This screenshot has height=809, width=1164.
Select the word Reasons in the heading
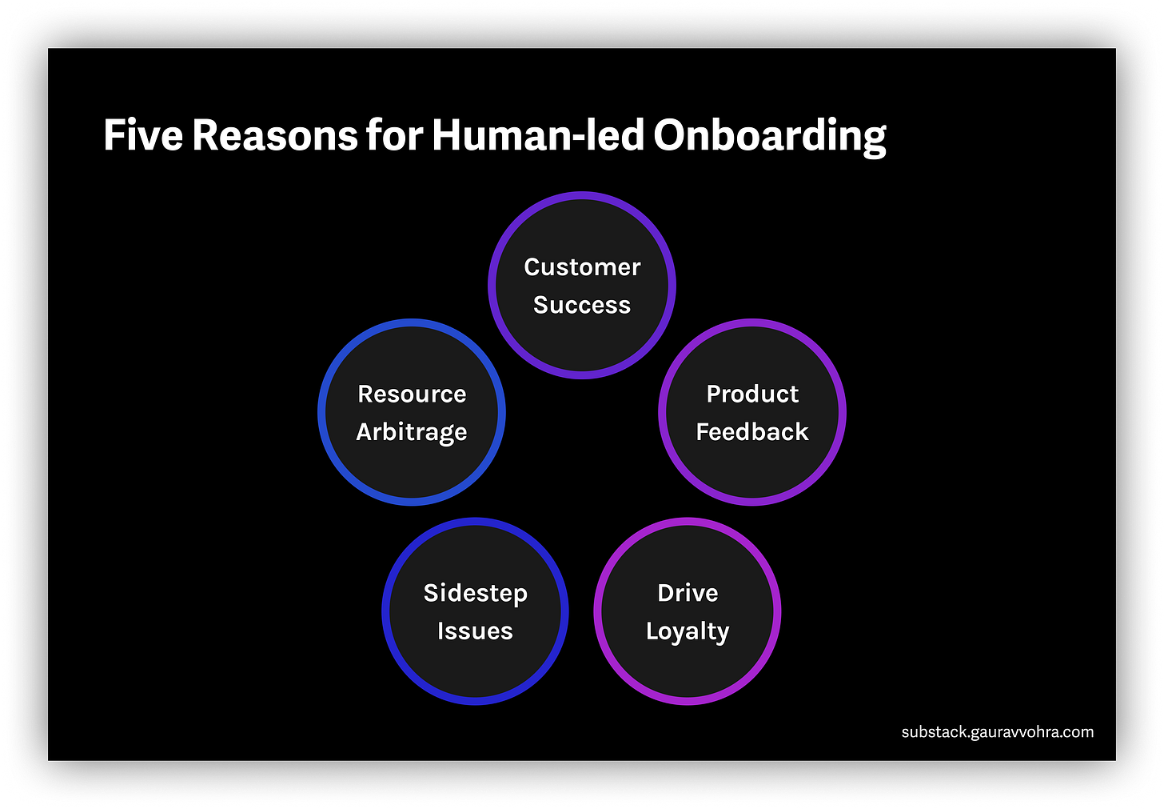coord(274,135)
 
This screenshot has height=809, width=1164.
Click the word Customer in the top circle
coord(582,267)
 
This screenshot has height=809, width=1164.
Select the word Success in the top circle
coord(582,305)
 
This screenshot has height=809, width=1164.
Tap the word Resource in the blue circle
coord(412,394)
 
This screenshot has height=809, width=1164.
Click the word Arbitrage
coord(412,432)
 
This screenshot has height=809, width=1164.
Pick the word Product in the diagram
coord(752,394)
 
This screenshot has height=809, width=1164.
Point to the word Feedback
coord(752,432)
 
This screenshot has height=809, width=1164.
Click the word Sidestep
coord(475,593)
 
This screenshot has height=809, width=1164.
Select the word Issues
coord(475,631)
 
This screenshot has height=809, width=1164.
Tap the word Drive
coord(688,593)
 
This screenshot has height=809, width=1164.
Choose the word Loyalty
coord(688,631)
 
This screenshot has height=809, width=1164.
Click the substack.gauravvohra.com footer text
coord(997,732)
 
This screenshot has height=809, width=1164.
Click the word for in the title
coord(394,135)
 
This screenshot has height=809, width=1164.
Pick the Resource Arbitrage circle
coord(412,472)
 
